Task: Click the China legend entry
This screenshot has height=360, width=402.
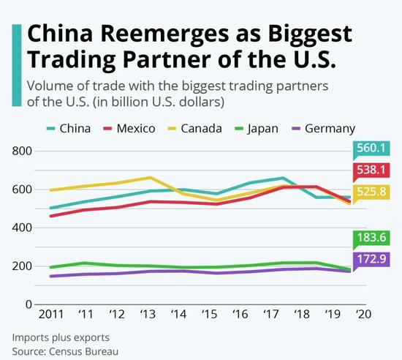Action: tap(68, 129)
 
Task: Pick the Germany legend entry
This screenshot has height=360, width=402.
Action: tap(322, 129)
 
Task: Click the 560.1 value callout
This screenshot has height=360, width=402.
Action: tap(373, 149)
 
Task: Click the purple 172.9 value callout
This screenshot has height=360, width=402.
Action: tap(373, 260)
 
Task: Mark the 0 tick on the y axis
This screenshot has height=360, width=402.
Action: tap(28, 304)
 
